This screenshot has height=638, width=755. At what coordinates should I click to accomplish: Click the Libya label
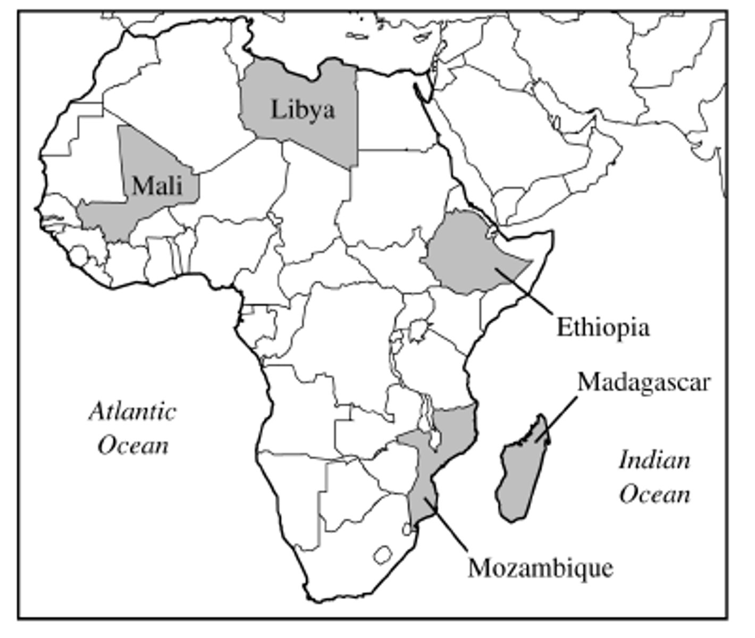tap(303, 110)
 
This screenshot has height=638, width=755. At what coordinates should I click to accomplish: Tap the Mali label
tap(157, 186)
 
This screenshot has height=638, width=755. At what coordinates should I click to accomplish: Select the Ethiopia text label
tap(603, 327)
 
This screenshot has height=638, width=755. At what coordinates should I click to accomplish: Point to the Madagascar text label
tap(643, 382)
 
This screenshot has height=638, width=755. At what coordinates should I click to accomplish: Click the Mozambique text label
tap(540, 568)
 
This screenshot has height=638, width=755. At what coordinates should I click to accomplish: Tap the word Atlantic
tap(132, 412)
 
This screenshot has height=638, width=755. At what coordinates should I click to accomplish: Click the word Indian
tap(655, 460)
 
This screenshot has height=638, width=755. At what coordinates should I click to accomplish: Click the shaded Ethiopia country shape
tap(468, 255)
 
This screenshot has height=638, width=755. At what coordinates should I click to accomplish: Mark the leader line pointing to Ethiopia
tap(526, 292)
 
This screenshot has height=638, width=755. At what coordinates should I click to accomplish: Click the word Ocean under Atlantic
tap(133, 445)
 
